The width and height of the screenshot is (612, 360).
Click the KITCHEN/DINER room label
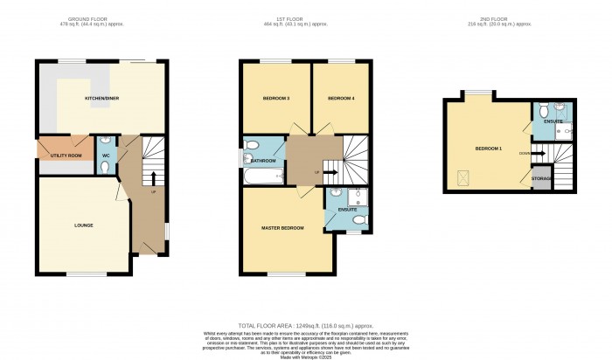pos(101,98)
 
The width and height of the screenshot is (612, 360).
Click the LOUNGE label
pos(83,225)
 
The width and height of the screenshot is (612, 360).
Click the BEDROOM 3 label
pos(275,99)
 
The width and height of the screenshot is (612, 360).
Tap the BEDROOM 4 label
pos(341,99)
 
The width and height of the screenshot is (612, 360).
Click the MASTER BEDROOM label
pos(282,228)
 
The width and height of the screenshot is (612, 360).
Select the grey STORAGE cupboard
pos(541,179)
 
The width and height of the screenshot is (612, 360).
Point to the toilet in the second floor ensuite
pos(543,111)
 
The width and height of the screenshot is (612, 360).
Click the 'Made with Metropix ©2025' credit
pos(305,357)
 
